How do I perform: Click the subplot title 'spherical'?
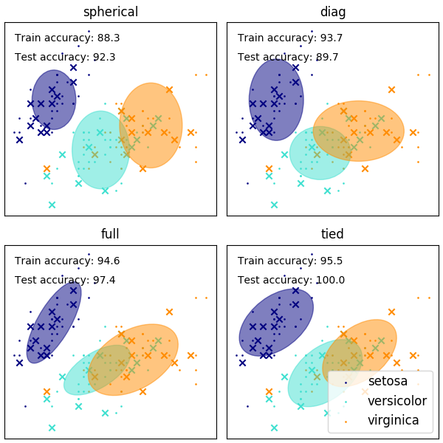pyautogui.click(x=110, y=12)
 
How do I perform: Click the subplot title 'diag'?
pyautogui.click(x=332, y=12)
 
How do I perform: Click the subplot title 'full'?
pyautogui.click(x=110, y=234)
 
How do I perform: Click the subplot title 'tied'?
pyautogui.click(x=332, y=234)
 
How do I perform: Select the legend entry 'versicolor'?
pyautogui.click(x=396, y=401)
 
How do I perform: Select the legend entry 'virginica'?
pyautogui.click(x=393, y=420)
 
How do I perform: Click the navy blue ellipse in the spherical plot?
pyautogui.click(x=54, y=100)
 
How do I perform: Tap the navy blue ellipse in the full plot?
pyautogui.click(x=54, y=323)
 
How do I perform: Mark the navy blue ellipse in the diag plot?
pyautogui.click(x=276, y=100)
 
